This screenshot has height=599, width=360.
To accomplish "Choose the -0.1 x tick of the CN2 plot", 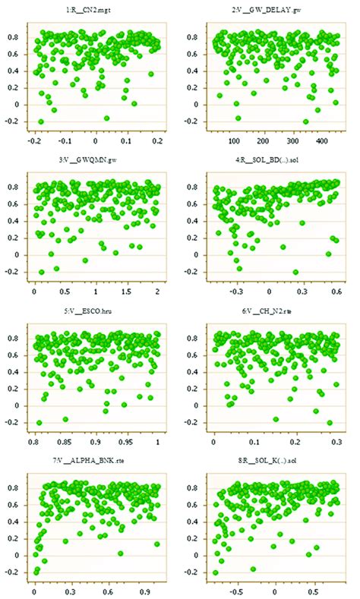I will click(x=64, y=141).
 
